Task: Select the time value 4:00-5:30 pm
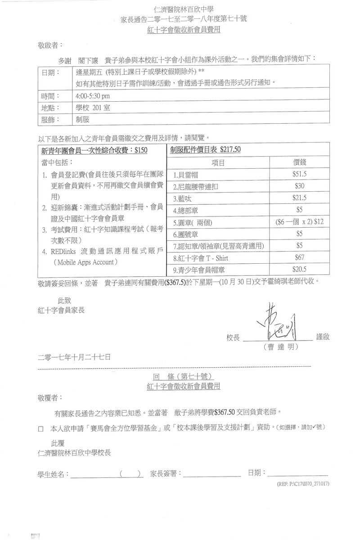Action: coord(93,96)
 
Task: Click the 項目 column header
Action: coord(218,162)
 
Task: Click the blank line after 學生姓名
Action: coord(93,475)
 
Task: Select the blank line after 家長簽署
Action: coord(211,475)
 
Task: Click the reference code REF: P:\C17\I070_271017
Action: coord(301,485)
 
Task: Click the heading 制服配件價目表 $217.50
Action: coord(205,150)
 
